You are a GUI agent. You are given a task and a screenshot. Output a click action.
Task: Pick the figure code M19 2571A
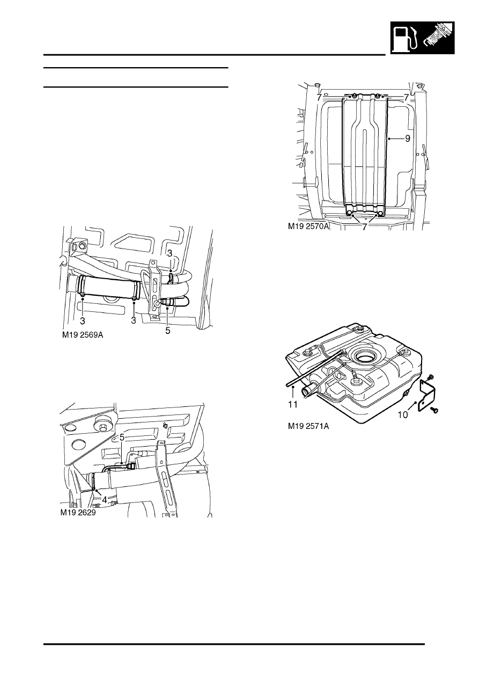point(308,428)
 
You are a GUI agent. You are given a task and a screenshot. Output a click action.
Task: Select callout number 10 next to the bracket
point(402,414)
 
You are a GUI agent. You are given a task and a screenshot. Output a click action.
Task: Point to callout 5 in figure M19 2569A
point(167,331)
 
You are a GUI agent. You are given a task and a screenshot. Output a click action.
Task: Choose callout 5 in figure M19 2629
point(122,438)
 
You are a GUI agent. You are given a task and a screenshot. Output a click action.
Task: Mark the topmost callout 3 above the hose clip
point(170,252)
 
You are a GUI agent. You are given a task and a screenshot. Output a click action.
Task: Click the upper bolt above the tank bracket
point(430,378)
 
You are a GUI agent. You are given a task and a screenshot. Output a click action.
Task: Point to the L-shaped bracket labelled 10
point(425,396)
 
